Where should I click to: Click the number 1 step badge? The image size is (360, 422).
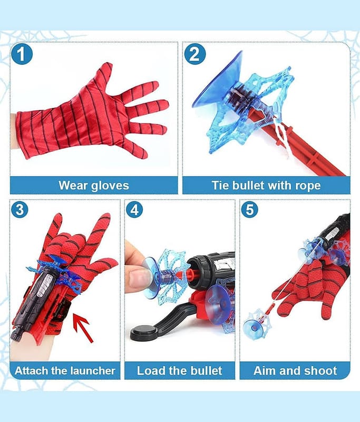click(x=22, y=54)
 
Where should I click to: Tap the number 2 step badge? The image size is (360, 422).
click(x=195, y=54)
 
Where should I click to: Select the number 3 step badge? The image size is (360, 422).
click(x=20, y=209)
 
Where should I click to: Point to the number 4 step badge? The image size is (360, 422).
click(x=134, y=209)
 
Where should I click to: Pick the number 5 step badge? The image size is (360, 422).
click(x=249, y=209)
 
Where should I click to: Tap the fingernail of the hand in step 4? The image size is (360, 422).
click(x=139, y=279)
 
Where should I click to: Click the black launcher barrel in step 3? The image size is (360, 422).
click(x=35, y=301)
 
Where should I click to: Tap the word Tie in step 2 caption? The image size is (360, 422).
click(x=220, y=186)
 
